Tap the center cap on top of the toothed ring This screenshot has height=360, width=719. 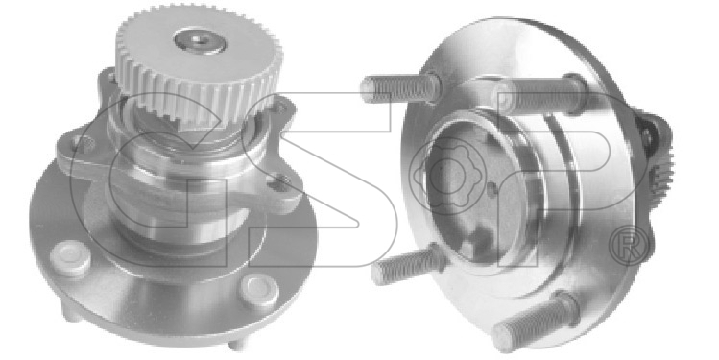tap(200, 41)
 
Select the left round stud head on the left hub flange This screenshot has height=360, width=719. tap(70, 258)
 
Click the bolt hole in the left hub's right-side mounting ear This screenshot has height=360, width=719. tap(279, 183)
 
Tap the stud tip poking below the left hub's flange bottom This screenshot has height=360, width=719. tap(237, 342)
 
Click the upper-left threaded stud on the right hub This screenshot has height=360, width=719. tap(400, 87)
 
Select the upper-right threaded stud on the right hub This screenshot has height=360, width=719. tap(541, 95)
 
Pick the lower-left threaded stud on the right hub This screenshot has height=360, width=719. tap(408, 264)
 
